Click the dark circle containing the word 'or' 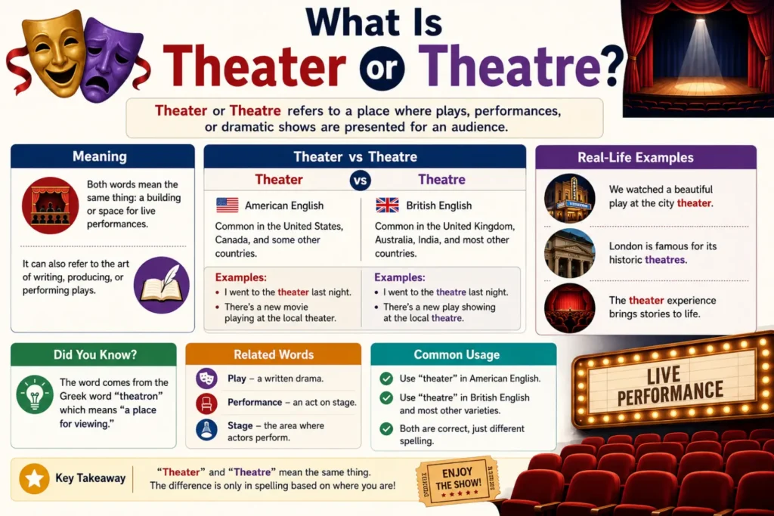[382, 69]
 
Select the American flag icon [227, 205]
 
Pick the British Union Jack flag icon [387, 205]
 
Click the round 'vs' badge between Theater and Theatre [361, 180]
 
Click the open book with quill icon [162, 285]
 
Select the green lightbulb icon [35, 394]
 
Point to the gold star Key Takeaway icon [34, 478]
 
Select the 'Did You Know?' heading [94, 354]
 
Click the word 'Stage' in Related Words [240, 425]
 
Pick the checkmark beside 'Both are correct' [386, 428]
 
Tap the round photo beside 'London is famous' [570, 253]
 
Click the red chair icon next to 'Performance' [206, 403]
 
